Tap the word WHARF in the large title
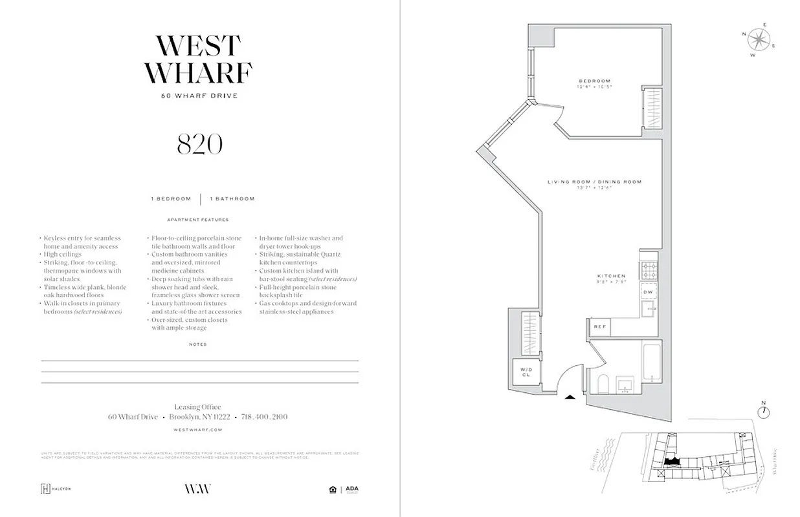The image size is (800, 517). [x=198, y=72]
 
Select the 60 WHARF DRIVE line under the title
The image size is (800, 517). [x=199, y=96]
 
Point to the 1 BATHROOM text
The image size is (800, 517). [x=232, y=199]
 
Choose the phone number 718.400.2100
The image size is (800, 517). [x=264, y=417]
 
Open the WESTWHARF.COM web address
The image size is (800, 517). [x=199, y=429]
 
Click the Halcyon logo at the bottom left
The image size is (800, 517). [x=56, y=489]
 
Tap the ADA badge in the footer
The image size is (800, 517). [x=351, y=489]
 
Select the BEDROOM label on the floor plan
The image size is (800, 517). [x=594, y=81]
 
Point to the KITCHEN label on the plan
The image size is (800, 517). [x=611, y=277]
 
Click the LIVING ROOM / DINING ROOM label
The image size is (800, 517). [x=594, y=182]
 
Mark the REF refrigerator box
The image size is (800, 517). [x=599, y=327]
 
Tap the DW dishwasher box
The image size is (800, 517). [x=648, y=292]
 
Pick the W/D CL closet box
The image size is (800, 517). [x=525, y=372]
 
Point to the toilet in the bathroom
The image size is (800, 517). [x=600, y=385]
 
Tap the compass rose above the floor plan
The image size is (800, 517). [x=757, y=40]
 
